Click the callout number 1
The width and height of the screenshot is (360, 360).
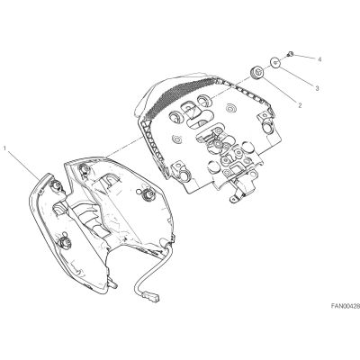coord(4,148)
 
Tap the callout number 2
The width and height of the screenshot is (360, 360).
coord(300,105)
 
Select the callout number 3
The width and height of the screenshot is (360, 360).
coord(317,88)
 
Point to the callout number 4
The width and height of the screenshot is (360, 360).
coord(319,59)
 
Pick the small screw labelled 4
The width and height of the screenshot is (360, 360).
coord(291,54)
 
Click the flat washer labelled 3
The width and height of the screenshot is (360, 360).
coord(275,62)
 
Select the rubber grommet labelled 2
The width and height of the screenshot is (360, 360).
coord(256,74)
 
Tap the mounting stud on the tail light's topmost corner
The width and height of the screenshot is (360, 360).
coord(85,169)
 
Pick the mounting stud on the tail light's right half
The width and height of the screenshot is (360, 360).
coord(147,194)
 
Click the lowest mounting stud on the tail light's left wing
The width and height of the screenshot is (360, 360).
coord(64,241)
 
